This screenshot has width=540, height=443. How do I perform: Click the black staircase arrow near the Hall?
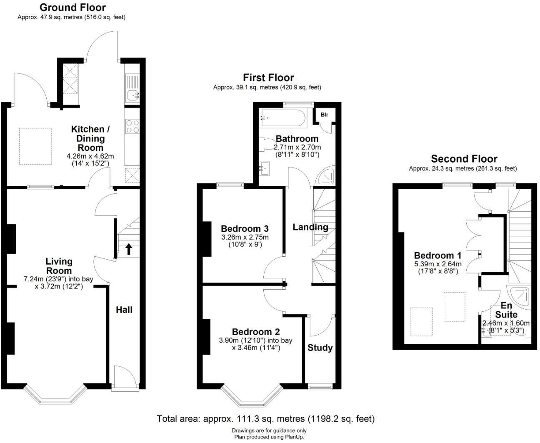(128, 249)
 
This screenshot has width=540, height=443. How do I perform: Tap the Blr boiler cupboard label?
(325, 115)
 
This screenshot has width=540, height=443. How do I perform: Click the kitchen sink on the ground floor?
(133, 95)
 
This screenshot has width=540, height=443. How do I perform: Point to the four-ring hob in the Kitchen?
(133, 126)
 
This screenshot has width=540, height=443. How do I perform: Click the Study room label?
(320, 348)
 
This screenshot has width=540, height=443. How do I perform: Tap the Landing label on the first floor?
(310, 227)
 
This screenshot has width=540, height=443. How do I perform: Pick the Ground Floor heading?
(72, 8)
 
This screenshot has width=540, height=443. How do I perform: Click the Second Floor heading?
(464, 159)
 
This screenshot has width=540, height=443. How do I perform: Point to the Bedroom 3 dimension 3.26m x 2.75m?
(245, 237)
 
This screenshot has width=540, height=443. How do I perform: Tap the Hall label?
(124, 310)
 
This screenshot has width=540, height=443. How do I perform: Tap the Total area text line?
(265, 418)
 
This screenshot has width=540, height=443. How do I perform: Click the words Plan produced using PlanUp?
(269, 437)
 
